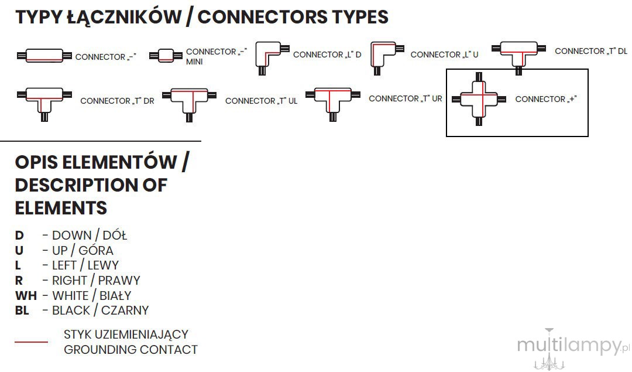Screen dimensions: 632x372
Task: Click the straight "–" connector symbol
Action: coord(44,56)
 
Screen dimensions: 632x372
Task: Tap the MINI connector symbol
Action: coord(166,55)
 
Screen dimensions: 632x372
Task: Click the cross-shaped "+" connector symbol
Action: coord(479,99)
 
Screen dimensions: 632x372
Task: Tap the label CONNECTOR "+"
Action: coord(546,99)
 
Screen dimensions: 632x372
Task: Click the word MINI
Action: coord(194,62)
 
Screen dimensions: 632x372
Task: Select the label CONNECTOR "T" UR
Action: coord(406,98)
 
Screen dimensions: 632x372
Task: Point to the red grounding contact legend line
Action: coord(32,342)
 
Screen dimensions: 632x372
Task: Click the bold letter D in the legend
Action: coord(19,236)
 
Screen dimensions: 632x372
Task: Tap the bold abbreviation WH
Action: coord(26,296)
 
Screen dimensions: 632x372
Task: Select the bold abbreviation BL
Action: coord(22,310)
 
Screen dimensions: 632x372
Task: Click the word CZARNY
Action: coord(125,310)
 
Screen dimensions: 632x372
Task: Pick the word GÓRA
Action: coord(96,250)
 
